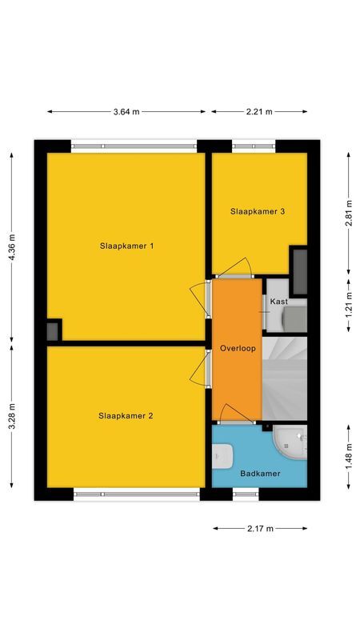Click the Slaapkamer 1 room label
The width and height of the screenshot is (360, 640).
(126, 246)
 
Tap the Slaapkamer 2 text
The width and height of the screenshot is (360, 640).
(126, 415)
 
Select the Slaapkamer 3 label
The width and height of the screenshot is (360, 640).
(258, 212)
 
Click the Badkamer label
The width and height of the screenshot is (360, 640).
(261, 474)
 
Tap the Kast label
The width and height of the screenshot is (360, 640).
(278, 302)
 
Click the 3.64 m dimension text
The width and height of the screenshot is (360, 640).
(126, 112)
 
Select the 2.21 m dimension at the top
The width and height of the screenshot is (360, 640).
(259, 112)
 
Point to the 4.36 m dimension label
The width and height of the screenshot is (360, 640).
(12, 244)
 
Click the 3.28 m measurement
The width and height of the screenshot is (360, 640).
(12, 416)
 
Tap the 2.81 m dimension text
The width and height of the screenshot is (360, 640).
(349, 212)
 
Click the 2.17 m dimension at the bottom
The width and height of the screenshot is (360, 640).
(260, 529)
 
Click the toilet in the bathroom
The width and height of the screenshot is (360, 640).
(223, 456)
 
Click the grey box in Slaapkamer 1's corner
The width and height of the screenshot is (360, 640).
(53, 330)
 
